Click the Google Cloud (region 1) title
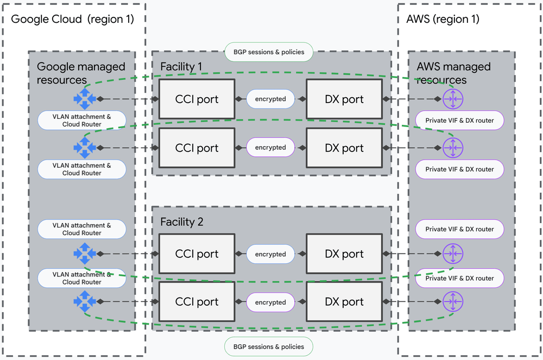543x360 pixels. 72,19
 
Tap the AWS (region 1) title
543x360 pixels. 443,19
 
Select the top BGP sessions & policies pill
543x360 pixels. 269,52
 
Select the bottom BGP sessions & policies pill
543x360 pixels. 269,346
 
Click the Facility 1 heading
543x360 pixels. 181,67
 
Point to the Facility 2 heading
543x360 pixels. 181,222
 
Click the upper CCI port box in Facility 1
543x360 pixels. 197,99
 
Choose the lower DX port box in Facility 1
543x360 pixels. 344,148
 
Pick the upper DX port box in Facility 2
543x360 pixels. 344,254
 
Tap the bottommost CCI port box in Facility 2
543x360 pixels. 197,302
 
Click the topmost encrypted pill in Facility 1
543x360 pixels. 270,99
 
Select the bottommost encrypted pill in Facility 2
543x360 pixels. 270,302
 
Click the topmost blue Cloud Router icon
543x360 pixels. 85,99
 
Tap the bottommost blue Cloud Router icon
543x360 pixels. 85,301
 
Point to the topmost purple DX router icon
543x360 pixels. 452,99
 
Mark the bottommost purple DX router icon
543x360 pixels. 452,301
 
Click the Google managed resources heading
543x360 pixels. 81,73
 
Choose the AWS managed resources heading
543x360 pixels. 453,73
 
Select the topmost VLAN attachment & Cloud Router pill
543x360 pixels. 82,121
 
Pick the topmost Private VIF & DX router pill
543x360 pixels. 459,121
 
